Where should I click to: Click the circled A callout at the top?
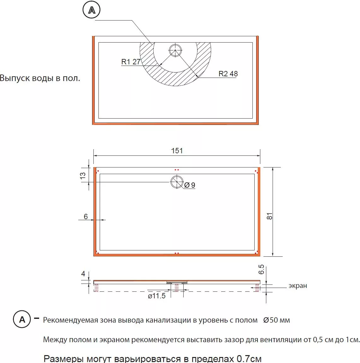(x=91, y=10)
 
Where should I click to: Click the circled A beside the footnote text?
(x=22, y=319)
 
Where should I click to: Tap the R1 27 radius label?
(x=131, y=62)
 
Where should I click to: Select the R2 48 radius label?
(x=228, y=73)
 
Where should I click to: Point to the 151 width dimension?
(x=177, y=151)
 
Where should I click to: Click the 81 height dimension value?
(x=269, y=216)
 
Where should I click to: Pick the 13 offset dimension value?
(x=83, y=175)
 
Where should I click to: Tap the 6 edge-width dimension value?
(x=86, y=216)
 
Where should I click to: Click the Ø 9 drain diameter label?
(x=190, y=185)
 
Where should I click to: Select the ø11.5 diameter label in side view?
(x=156, y=296)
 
